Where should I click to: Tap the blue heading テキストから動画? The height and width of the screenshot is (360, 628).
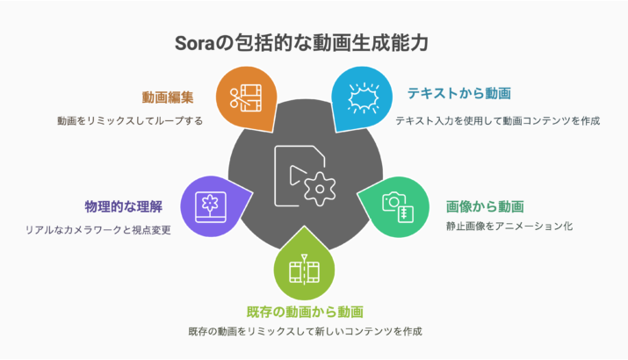458,92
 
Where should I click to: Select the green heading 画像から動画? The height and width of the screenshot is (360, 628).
485,207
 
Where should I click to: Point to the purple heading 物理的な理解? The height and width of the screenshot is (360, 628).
127,207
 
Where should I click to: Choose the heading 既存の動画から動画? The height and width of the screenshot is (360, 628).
305,311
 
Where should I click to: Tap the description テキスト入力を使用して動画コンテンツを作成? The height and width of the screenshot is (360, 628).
497,120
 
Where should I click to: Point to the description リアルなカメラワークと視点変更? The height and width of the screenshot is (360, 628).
97,230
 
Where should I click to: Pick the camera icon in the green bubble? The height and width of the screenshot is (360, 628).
392,202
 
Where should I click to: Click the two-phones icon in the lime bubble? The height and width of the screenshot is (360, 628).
305,268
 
